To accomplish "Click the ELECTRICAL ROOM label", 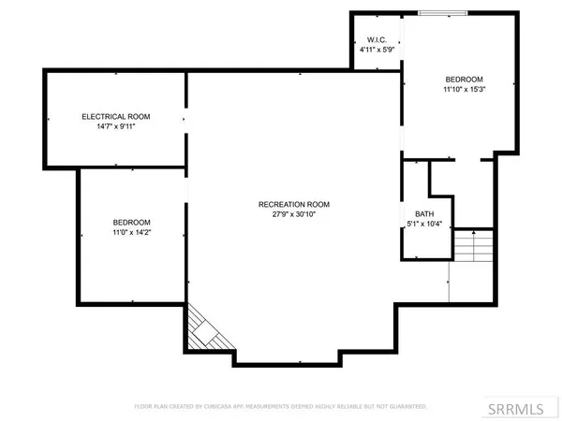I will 116,117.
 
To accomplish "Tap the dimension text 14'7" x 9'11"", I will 116,128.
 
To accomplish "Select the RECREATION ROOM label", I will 293,204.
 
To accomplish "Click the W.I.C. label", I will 376,38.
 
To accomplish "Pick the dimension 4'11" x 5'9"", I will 376,50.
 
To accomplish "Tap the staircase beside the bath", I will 472,248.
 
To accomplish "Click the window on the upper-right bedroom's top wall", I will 445,13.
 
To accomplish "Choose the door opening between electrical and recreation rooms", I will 185,119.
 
